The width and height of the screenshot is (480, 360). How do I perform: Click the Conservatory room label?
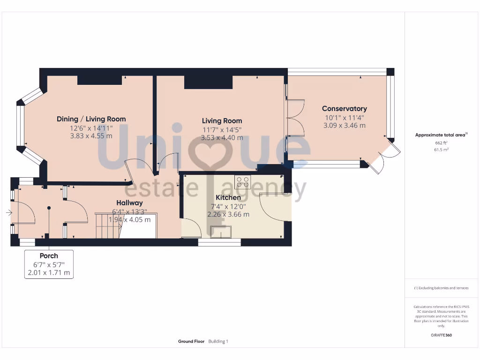click(x=344, y=109)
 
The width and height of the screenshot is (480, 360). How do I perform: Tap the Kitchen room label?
click(x=228, y=198)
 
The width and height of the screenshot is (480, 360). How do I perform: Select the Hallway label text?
click(x=129, y=203)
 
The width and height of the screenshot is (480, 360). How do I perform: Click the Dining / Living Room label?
click(x=91, y=119)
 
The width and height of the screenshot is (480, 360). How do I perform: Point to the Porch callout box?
click(x=49, y=264)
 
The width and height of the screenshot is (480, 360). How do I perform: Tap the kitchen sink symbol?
click(x=221, y=232)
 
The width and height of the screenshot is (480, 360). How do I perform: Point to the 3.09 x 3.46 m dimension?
click(x=344, y=126)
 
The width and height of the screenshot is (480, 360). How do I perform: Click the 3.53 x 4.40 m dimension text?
click(x=222, y=138)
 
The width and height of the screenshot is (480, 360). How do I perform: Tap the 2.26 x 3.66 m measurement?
click(x=228, y=214)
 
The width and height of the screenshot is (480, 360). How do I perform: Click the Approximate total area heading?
click(x=441, y=135)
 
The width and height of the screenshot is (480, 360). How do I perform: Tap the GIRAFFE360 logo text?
click(x=441, y=335)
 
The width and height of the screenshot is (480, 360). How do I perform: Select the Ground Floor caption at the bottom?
click(x=191, y=341)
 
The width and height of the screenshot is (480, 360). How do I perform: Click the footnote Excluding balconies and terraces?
click(x=441, y=288)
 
